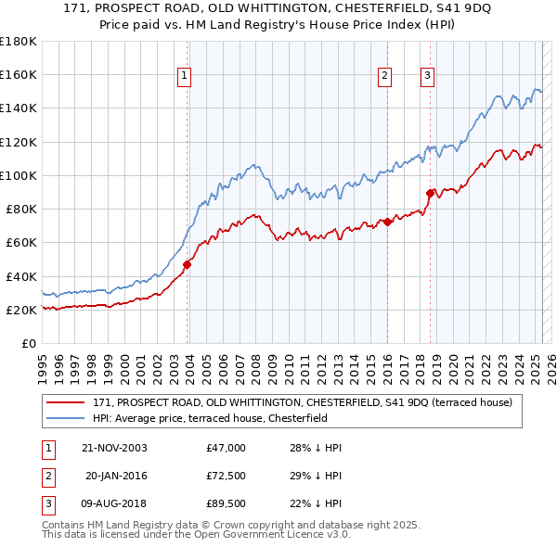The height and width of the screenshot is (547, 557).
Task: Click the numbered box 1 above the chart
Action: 185,77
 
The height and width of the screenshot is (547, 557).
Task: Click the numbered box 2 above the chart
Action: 384,77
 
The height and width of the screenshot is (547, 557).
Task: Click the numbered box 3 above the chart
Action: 427,77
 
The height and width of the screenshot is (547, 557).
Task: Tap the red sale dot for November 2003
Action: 187,264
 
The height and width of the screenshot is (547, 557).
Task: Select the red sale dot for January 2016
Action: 386,222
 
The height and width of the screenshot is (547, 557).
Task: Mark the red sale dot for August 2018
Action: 430,193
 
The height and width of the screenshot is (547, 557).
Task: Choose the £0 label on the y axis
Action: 28,343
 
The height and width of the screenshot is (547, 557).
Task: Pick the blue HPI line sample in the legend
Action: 66,418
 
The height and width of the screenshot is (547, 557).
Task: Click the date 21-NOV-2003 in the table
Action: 114,448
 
